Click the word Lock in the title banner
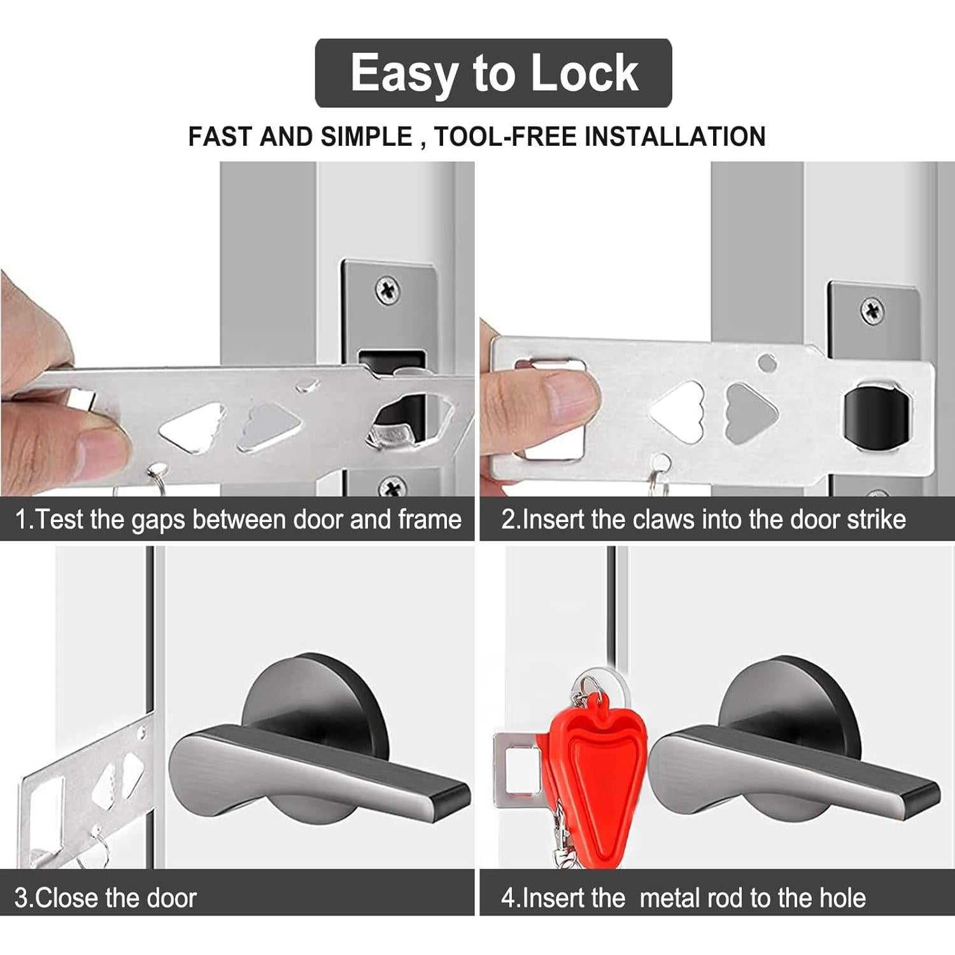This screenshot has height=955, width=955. (x=584, y=73)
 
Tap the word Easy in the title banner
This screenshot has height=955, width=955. (x=406, y=73)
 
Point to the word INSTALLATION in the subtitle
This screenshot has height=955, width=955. (x=676, y=137)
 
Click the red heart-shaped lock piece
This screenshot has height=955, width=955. (x=589, y=758)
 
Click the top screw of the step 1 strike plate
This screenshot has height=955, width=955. (x=387, y=291)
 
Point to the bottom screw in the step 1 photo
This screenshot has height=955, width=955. (x=390, y=488)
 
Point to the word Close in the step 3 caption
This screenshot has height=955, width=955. (x=69, y=898)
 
